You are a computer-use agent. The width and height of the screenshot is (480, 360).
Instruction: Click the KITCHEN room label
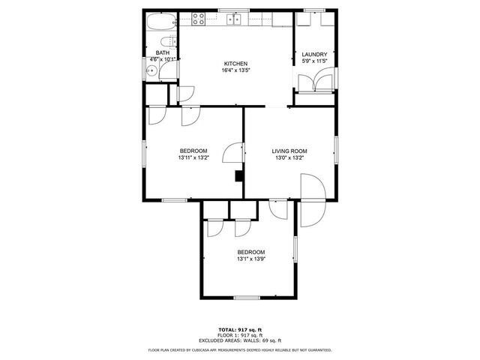(x=235, y=64)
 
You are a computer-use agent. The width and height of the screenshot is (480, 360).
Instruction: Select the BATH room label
(x=163, y=52)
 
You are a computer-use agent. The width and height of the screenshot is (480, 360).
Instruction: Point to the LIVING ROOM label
(x=289, y=151)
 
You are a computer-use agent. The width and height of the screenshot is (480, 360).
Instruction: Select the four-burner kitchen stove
(x=199, y=19)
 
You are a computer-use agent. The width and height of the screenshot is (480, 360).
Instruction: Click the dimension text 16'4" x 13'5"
(x=235, y=70)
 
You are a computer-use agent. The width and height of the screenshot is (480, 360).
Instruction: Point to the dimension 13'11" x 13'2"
(x=193, y=157)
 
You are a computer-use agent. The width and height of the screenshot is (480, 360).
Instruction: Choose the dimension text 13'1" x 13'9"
(x=251, y=259)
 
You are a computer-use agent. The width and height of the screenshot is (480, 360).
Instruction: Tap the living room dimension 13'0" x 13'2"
(x=289, y=157)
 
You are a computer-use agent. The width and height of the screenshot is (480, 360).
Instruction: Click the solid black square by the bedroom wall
(x=238, y=176)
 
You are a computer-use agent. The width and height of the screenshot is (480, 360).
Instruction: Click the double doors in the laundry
(x=313, y=79)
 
